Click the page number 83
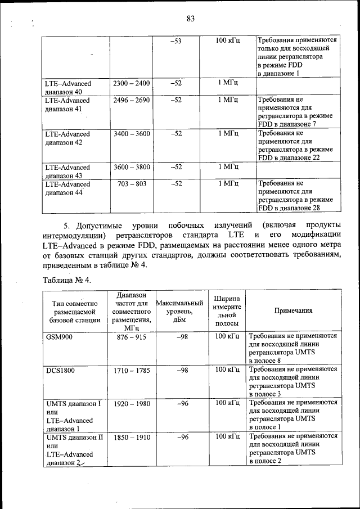click(190, 19)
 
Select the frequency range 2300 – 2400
click(131, 83)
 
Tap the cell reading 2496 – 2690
click(131, 100)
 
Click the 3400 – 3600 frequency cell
click(131, 133)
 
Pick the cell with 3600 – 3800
click(131, 167)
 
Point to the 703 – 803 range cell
click(131, 183)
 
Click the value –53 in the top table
click(175, 41)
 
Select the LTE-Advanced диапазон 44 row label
click(67, 188)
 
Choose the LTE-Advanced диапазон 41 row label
click(67, 104)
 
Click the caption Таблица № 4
click(66, 280)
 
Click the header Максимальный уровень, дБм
click(177, 310)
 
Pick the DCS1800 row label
click(60, 370)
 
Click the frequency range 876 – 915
click(131, 336)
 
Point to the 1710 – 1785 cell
click(131, 370)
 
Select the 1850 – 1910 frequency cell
click(131, 436)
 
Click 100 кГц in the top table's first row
click(228, 41)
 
